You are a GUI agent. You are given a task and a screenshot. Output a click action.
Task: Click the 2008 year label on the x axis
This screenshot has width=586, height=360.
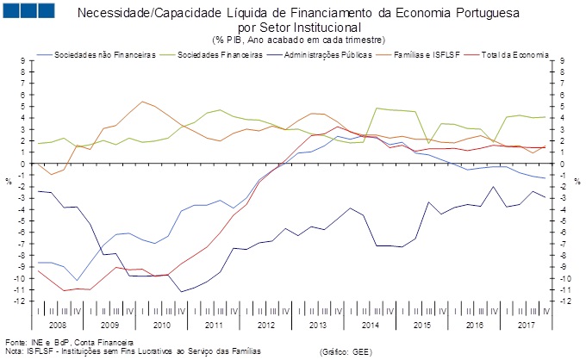58,326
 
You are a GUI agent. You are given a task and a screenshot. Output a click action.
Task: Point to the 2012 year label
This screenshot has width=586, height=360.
266,326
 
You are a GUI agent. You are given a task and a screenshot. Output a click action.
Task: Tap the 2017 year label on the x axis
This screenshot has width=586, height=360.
527,326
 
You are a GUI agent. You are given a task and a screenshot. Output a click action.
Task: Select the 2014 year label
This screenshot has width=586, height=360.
371,326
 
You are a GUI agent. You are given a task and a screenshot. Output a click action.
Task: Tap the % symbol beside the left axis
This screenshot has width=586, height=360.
8,180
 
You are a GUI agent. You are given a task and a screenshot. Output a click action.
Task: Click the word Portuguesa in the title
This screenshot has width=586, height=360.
467,14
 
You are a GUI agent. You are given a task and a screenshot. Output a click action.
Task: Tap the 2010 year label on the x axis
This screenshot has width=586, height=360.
162,326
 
